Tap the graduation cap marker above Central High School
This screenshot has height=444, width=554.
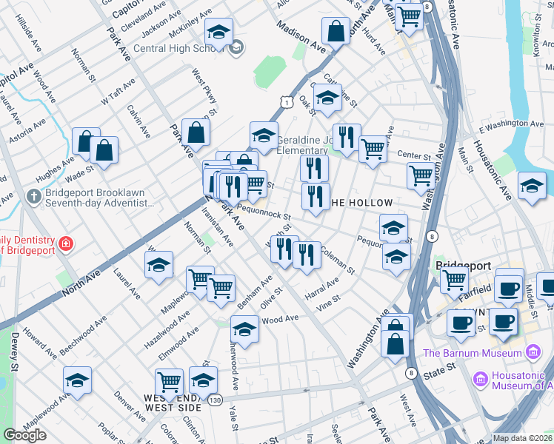218,33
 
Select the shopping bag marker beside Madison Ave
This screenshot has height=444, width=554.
336,32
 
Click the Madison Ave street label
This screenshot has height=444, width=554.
301,36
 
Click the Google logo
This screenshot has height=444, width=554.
24,434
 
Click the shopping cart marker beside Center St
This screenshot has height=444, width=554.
373,149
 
